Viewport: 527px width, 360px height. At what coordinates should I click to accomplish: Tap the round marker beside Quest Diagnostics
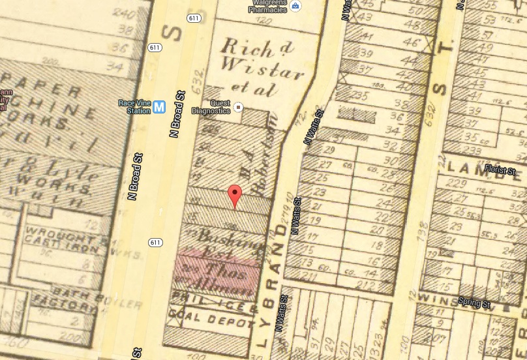pos(239,107)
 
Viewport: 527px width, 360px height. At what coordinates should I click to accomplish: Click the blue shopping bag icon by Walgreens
pos(295,7)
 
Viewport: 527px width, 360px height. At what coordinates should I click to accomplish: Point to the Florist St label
pos(500,172)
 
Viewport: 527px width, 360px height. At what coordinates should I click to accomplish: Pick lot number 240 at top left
pos(119,13)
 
